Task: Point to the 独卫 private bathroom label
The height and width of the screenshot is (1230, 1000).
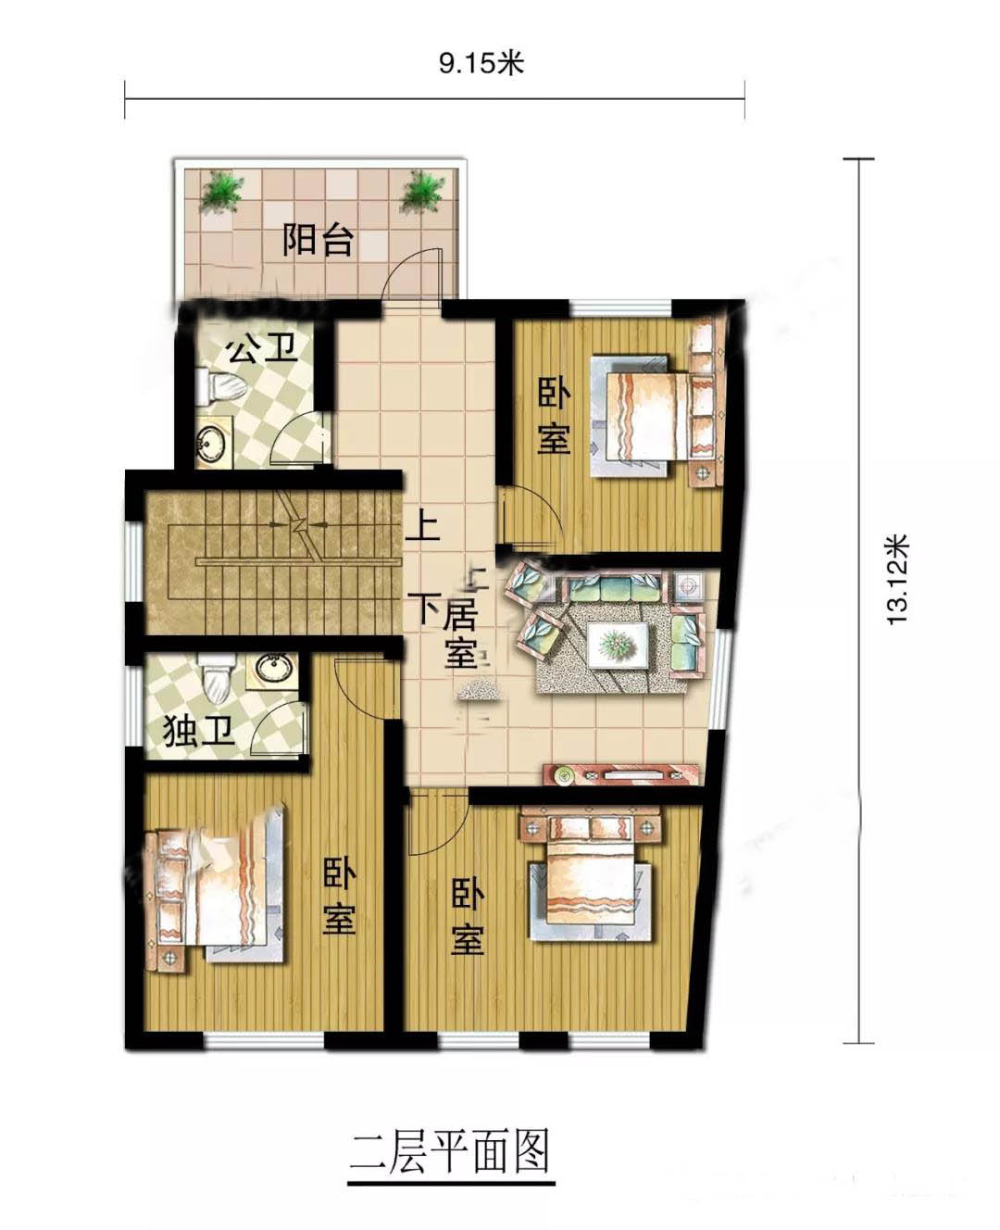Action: [x=198, y=732]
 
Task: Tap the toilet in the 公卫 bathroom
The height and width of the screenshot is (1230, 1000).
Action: [x=220, y=386]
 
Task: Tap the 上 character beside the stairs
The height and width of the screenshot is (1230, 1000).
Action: [x=423, y=526]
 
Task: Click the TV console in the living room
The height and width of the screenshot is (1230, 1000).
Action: [x=620, y=773]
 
